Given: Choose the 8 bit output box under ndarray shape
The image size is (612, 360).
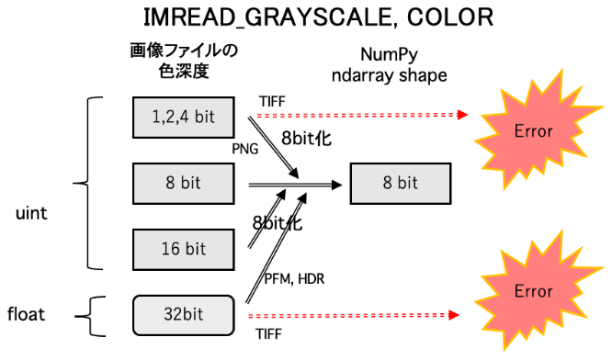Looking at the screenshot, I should click(400, 183).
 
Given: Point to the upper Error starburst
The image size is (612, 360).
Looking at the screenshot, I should click(533, 131).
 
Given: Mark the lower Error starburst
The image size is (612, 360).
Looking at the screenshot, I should click(533, 291).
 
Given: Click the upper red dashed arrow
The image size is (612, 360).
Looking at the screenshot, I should click(358, 116).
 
